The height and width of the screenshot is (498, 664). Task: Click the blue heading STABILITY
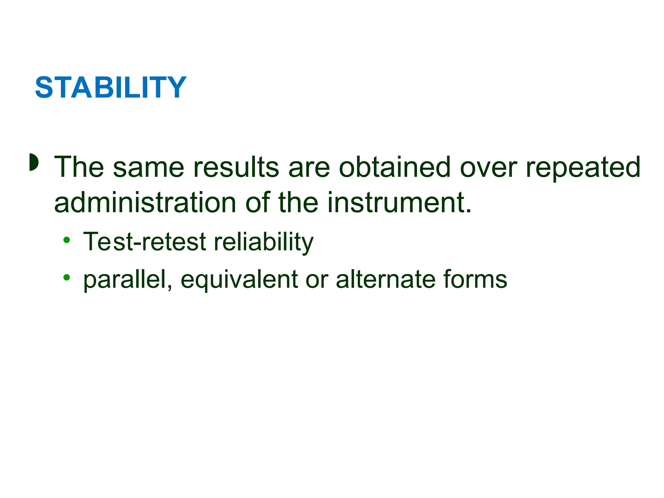[111, 88]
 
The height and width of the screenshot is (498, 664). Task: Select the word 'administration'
[145, 203]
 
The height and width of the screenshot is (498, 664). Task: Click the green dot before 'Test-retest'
[67, 240]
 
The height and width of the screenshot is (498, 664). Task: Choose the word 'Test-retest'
[145, 242]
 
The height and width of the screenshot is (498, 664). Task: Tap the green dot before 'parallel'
[67, 277]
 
